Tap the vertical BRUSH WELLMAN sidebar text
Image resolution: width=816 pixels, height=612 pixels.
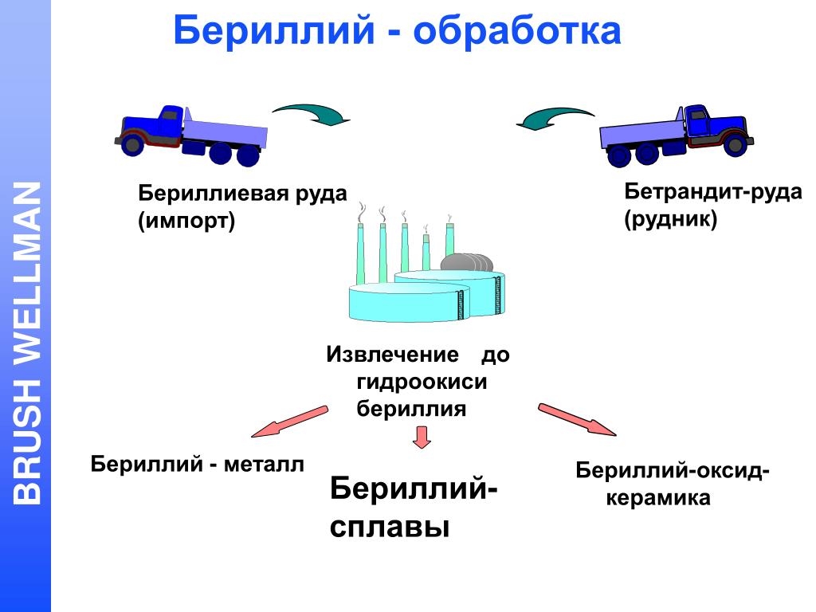(28, 343)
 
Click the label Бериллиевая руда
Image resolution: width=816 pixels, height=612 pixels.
(243, 194)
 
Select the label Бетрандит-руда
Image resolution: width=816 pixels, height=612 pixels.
(712, 192)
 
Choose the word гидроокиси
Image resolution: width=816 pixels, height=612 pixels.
(421, 382)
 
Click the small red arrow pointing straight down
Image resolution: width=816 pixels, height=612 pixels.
(422, 436)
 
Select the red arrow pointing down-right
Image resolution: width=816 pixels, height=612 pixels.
(577, 419)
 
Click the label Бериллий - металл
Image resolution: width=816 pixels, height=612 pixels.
(198, 464)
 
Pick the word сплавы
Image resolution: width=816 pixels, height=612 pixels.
(390, 527)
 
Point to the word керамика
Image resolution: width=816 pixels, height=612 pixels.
(657, 499)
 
